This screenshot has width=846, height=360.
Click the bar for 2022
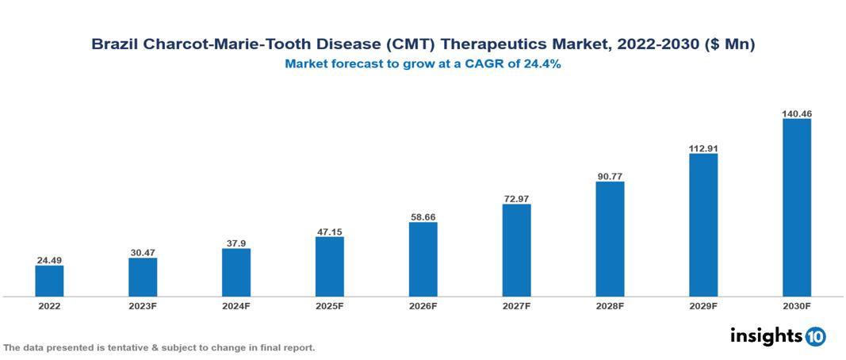[x=49, y=281]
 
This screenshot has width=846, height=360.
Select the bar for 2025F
[x=329, y=266]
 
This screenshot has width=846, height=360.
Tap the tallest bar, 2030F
[x=796, y=208]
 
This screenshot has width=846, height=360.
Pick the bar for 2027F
[x=516, y=251]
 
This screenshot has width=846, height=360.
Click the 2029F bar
[x=703, y=225]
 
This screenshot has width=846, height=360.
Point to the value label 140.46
[x=796, y=113]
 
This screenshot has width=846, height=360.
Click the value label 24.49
[x=49, y=259]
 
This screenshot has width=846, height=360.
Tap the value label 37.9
[x=236, y=243]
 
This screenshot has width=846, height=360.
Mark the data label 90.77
[x=610, y=176]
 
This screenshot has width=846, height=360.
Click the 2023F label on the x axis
[x=143, y=306]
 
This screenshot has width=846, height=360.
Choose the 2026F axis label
[x=423, y=306]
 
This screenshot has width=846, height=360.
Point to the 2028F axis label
[x=610, y=306]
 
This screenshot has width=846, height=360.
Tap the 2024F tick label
[x=236, y=306]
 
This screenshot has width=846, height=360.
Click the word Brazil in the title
[x=113, y=45]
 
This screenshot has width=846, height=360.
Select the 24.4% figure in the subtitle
[x=543, y=65]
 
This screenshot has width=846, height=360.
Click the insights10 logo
[x=777, y=336]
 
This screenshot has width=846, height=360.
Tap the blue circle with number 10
[x=815, y=336]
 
